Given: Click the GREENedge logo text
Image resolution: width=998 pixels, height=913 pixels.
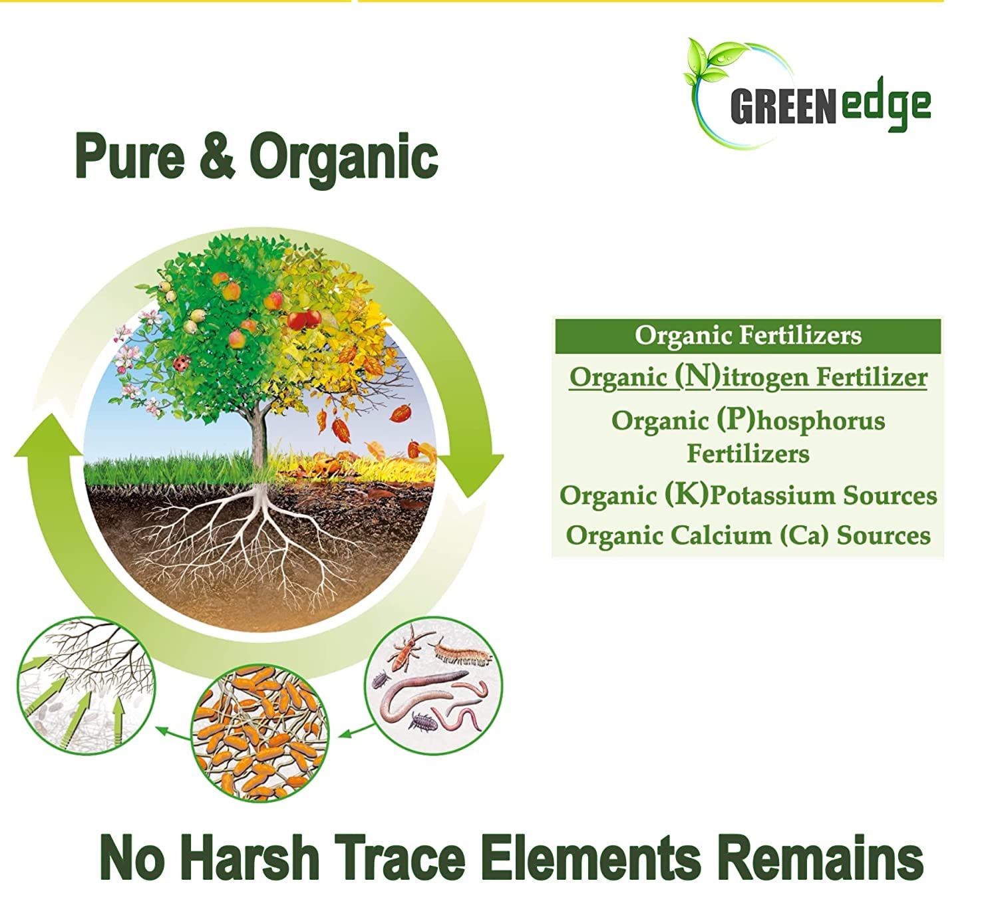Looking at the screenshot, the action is coord(830,106).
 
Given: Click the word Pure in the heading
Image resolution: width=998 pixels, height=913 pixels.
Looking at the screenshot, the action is coord(130,156).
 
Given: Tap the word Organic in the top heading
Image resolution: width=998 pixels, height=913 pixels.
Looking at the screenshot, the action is coord(344,159).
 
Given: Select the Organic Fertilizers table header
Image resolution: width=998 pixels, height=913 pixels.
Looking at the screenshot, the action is coord(748,336).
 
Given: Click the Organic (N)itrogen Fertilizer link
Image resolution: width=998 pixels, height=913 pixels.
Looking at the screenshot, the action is coord(748,376).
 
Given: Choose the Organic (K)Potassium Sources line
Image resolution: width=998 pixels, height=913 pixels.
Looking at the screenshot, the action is coord(748,495).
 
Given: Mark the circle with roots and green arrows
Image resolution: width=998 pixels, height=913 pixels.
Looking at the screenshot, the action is coord(86,686).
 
